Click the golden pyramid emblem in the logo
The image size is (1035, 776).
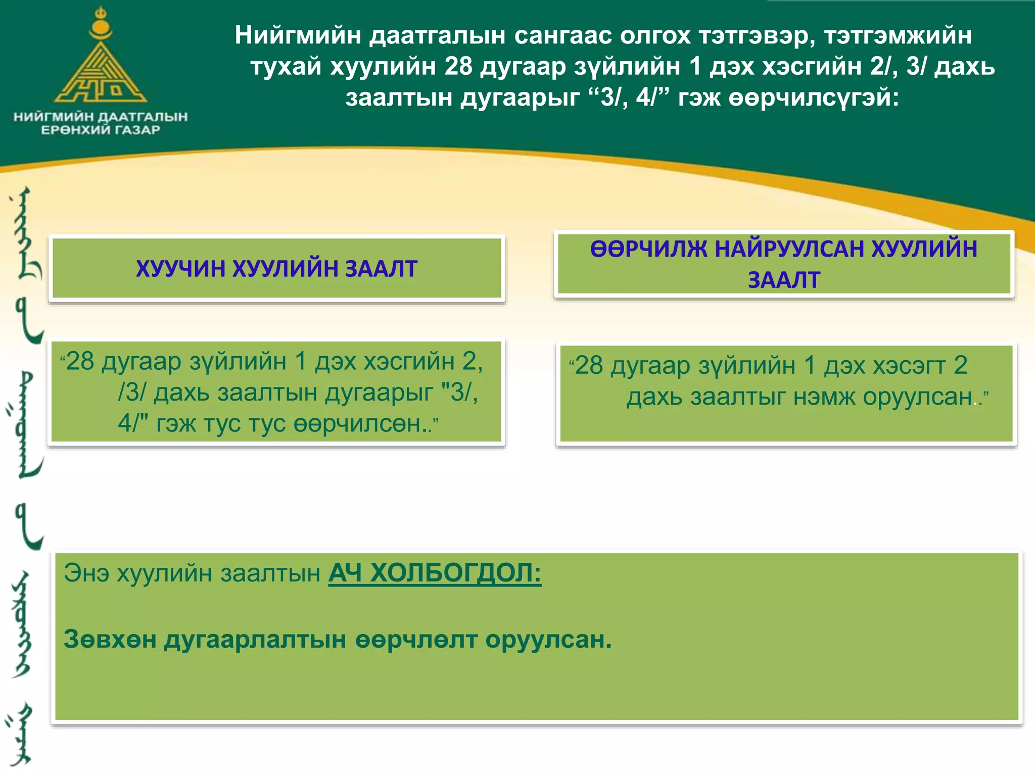[101, 71]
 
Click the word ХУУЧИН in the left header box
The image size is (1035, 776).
[180, 269]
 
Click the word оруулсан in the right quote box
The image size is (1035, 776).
[917, 397]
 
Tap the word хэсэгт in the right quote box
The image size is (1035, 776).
[908, 365]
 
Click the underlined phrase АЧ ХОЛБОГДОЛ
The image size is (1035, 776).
[435, 573]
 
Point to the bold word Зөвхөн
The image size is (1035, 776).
[110, 640]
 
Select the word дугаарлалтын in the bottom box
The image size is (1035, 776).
[255, 640]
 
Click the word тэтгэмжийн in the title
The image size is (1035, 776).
[898, 35]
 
